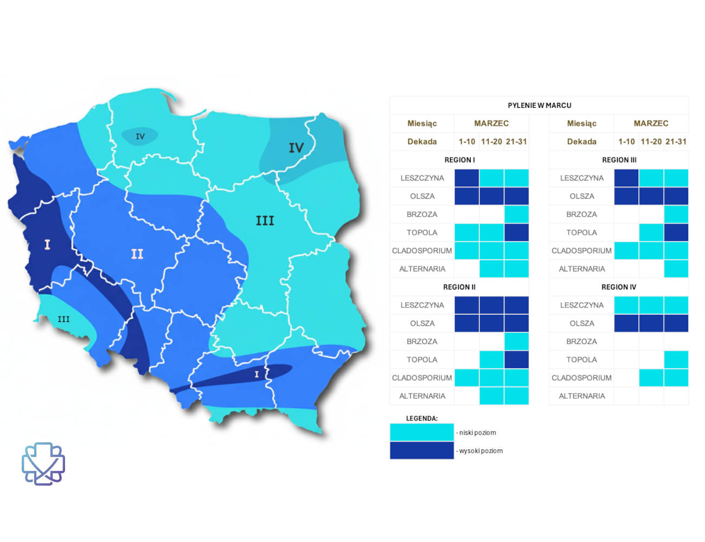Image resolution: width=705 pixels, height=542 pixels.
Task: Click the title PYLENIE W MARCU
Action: click(539, 105)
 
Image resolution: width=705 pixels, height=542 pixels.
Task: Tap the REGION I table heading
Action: click(459, 160)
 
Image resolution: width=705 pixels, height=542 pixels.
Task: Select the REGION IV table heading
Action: click(618, 287)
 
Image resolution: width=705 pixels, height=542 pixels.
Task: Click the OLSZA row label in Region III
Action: click(581, 196)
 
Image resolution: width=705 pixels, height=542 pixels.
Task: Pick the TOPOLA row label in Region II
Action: click(422, 359)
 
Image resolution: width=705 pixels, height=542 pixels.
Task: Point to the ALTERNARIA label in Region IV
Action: click(581, 396)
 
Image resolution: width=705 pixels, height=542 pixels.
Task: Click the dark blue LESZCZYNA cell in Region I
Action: click(466, 178)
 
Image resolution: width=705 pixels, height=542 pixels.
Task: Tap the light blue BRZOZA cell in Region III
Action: click(676, 214)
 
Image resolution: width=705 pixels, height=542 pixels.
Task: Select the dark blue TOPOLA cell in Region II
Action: click(516, 359)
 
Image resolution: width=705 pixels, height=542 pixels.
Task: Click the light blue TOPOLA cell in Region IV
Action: click(676, 359)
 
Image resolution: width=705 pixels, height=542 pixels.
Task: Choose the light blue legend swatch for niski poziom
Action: click(421, 432)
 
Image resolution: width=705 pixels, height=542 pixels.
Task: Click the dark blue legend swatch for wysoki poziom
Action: click(421, 450)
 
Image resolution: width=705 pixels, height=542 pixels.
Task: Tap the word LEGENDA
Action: click(421, 418)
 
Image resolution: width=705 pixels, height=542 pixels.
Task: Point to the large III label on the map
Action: click(265, 221)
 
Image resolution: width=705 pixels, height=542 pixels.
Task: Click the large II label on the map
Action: click(137, 254)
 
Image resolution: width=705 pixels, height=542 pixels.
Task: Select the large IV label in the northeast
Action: click(296, 148)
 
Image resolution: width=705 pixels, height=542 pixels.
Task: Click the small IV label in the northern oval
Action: click(140, 137)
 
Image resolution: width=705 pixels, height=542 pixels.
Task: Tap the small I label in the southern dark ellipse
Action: click(257, 374)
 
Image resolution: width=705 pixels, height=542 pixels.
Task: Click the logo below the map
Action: click(43, 464)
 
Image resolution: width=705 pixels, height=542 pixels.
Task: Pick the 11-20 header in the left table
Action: click(491, 141)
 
